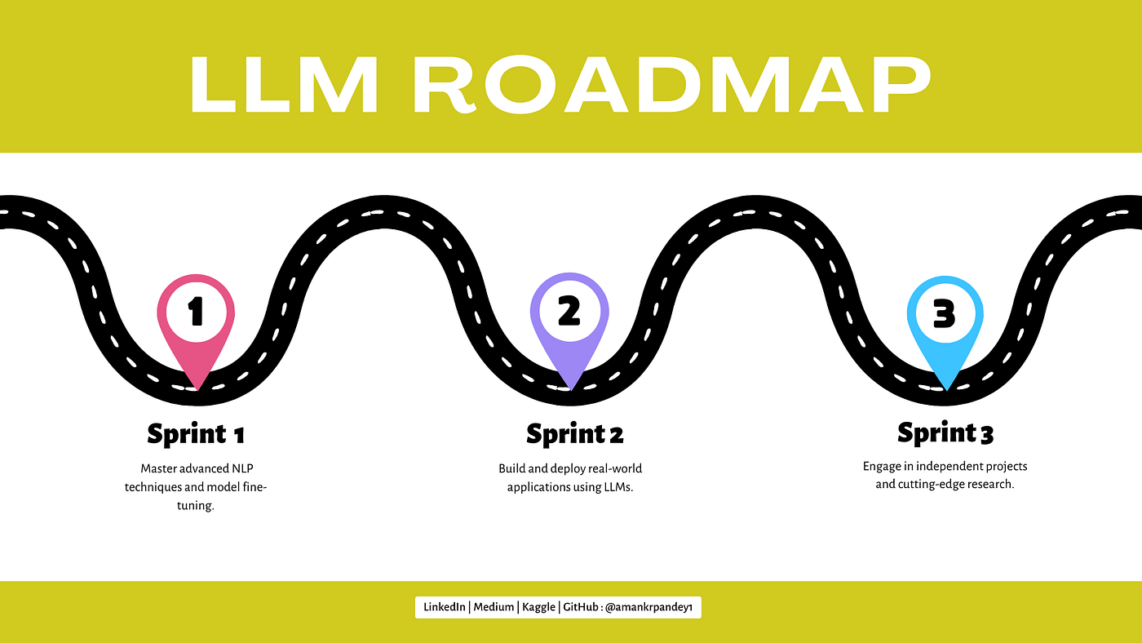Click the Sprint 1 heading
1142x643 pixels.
click(196, 433)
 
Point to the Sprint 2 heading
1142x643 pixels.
click(574, 433)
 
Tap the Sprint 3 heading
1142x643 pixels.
click(945, 432)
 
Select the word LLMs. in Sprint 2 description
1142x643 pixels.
click(613, 487)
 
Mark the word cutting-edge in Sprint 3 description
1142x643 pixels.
click(930, 484)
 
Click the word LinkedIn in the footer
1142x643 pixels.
click(445, 607)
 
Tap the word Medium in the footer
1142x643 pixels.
click(494, 607)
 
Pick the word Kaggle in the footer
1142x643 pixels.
click(538, 607)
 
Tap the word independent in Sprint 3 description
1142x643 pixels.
click(948, 467)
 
